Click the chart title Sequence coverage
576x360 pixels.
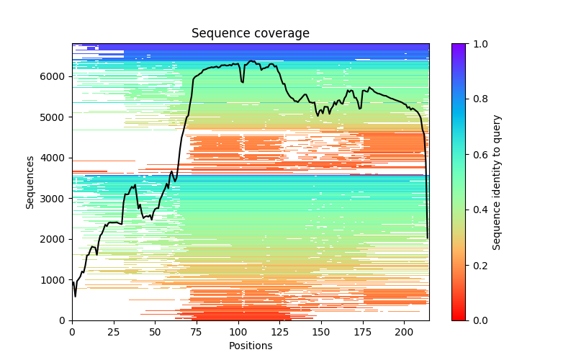click(251, 33)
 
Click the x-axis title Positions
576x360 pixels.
click(251, 346)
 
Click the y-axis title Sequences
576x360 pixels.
click(30, 182)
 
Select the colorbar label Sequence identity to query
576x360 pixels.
click(497, 182)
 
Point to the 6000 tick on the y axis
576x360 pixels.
click(55, 76)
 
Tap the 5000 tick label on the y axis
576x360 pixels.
click(55, 117)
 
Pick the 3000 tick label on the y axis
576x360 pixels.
click(55, 198)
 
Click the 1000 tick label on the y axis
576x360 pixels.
click(55, 279)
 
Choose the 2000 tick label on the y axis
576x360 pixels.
click(55, 239)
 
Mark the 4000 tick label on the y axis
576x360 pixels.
click(55, 158)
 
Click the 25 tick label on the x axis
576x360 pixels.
click(114, 332)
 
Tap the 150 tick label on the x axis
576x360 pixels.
click(321, 332)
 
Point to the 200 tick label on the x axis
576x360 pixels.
click(404, 332)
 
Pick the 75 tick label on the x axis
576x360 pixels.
click(197, 332)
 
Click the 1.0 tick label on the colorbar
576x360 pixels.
click(477, 44)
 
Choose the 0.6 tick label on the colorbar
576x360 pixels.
click(477, 155)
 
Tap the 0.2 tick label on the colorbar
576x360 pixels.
click(477, 265)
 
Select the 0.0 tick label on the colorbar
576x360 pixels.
click(477, 320)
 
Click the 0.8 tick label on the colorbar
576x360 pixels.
click(477, 99)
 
